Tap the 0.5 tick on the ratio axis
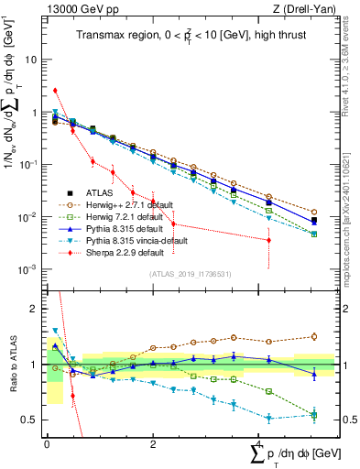tap(35, 420)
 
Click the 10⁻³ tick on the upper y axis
tap(31, 269)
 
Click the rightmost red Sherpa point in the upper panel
tap(268, 240)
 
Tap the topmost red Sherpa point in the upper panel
tap(55, 90)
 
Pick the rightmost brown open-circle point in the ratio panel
tap(313, 336)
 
